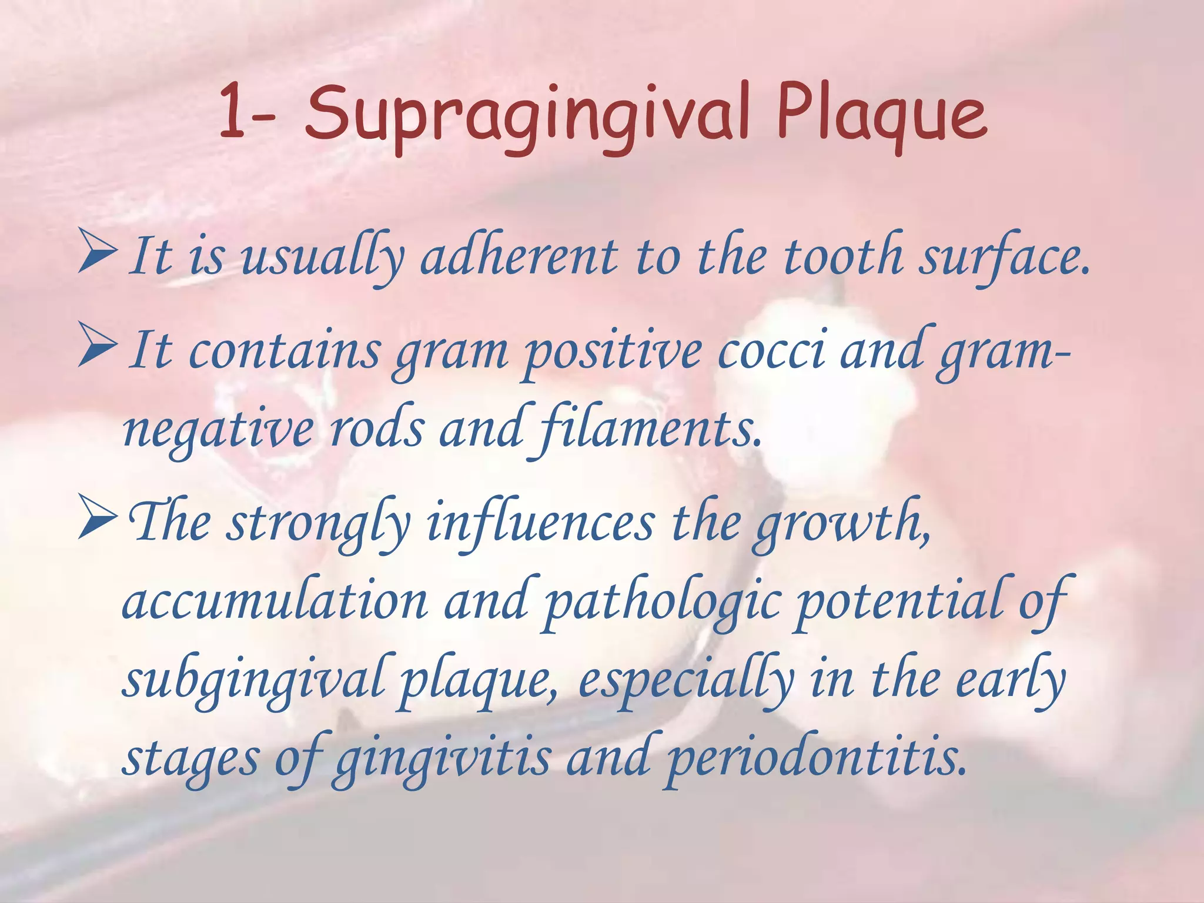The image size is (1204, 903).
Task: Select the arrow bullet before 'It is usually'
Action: click(x=97, y=252)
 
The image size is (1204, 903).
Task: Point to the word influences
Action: click(x=540, y=522)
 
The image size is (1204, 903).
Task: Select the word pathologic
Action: click(x=663, y=603)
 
